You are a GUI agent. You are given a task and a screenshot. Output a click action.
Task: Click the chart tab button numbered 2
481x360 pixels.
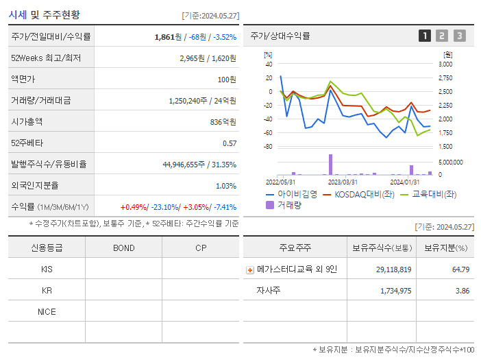click(442, 36)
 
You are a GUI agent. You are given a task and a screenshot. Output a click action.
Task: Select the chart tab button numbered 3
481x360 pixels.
click(459, 36)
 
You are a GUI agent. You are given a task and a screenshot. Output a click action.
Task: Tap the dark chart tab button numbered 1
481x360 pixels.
click(425, 36)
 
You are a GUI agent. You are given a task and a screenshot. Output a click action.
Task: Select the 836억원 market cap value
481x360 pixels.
click(222, 121)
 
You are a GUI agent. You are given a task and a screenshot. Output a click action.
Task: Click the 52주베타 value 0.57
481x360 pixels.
click(229, 143)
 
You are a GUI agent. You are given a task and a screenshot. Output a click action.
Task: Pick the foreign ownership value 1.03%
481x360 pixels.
click(225, 185)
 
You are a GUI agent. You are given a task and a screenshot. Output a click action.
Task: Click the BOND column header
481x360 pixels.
click(123, 248)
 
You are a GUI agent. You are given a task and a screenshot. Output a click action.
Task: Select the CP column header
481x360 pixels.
click(200, 248)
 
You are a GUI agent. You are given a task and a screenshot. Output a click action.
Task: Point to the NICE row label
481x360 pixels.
click(47, 311)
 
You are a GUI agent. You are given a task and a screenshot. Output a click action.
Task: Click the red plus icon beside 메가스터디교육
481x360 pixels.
click(250, 270)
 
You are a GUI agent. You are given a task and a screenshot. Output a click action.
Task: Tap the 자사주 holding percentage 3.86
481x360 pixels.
click(462, 291)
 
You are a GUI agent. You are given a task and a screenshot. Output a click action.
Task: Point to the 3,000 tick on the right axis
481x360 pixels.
click(445, 64)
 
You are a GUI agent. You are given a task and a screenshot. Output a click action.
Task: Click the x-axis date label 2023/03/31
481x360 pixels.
click(343, 182)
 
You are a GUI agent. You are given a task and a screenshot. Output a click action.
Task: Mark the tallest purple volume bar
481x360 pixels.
click(330, 165)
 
